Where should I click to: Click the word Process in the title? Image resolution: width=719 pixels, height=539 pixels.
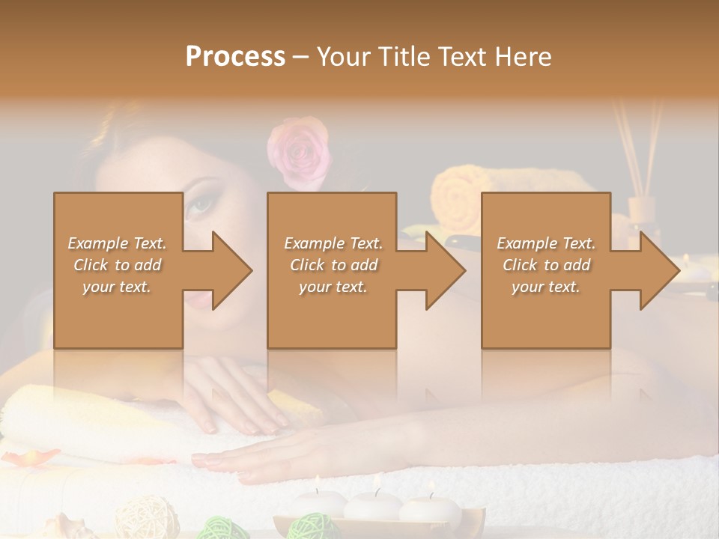coord(235,57)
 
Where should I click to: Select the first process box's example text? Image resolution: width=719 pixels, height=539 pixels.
coord(118,264)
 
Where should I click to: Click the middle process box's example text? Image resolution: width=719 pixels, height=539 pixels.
coord(333,264)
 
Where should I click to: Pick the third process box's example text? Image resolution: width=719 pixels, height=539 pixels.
coord(546,264)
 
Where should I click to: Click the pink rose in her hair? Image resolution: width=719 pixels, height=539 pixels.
coord(299,151)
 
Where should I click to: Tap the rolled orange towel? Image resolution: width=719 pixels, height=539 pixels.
coord(457,198)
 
